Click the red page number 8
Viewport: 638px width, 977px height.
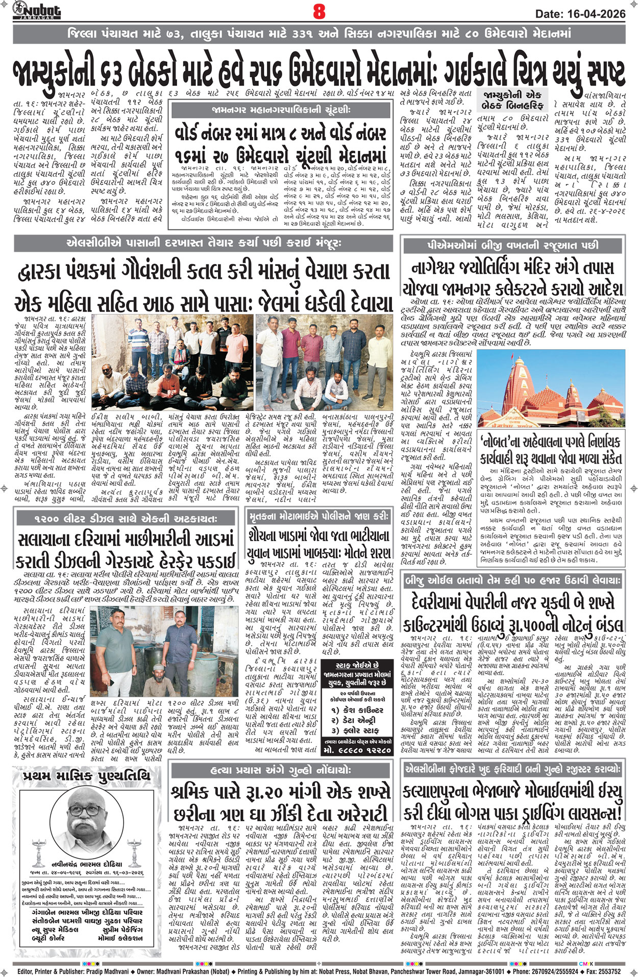tap(319, 11)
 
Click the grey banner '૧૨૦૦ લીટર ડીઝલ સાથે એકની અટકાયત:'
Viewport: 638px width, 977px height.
tap(126, 519)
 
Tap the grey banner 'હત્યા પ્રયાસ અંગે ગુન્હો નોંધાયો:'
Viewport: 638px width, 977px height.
tap(280, 770)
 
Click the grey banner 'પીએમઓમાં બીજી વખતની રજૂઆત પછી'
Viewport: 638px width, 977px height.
tap(513, 245)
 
